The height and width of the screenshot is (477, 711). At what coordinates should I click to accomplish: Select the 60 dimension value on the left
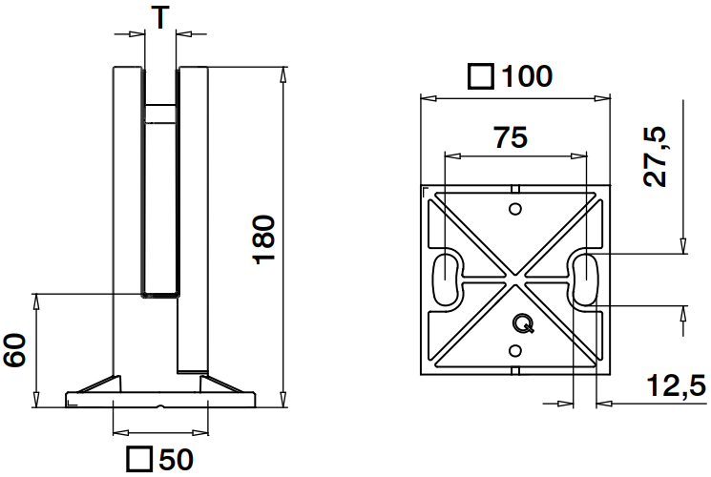pos(14,350)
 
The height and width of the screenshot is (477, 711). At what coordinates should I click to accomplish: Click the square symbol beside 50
pos(141,459)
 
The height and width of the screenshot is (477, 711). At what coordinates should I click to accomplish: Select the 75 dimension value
pos(512,138)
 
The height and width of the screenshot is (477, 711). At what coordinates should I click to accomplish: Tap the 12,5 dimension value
pos(675,385)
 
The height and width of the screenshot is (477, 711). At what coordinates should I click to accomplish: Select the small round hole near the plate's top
pos(515,208)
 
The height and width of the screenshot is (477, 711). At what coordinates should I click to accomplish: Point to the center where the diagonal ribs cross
pos(515,280)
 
